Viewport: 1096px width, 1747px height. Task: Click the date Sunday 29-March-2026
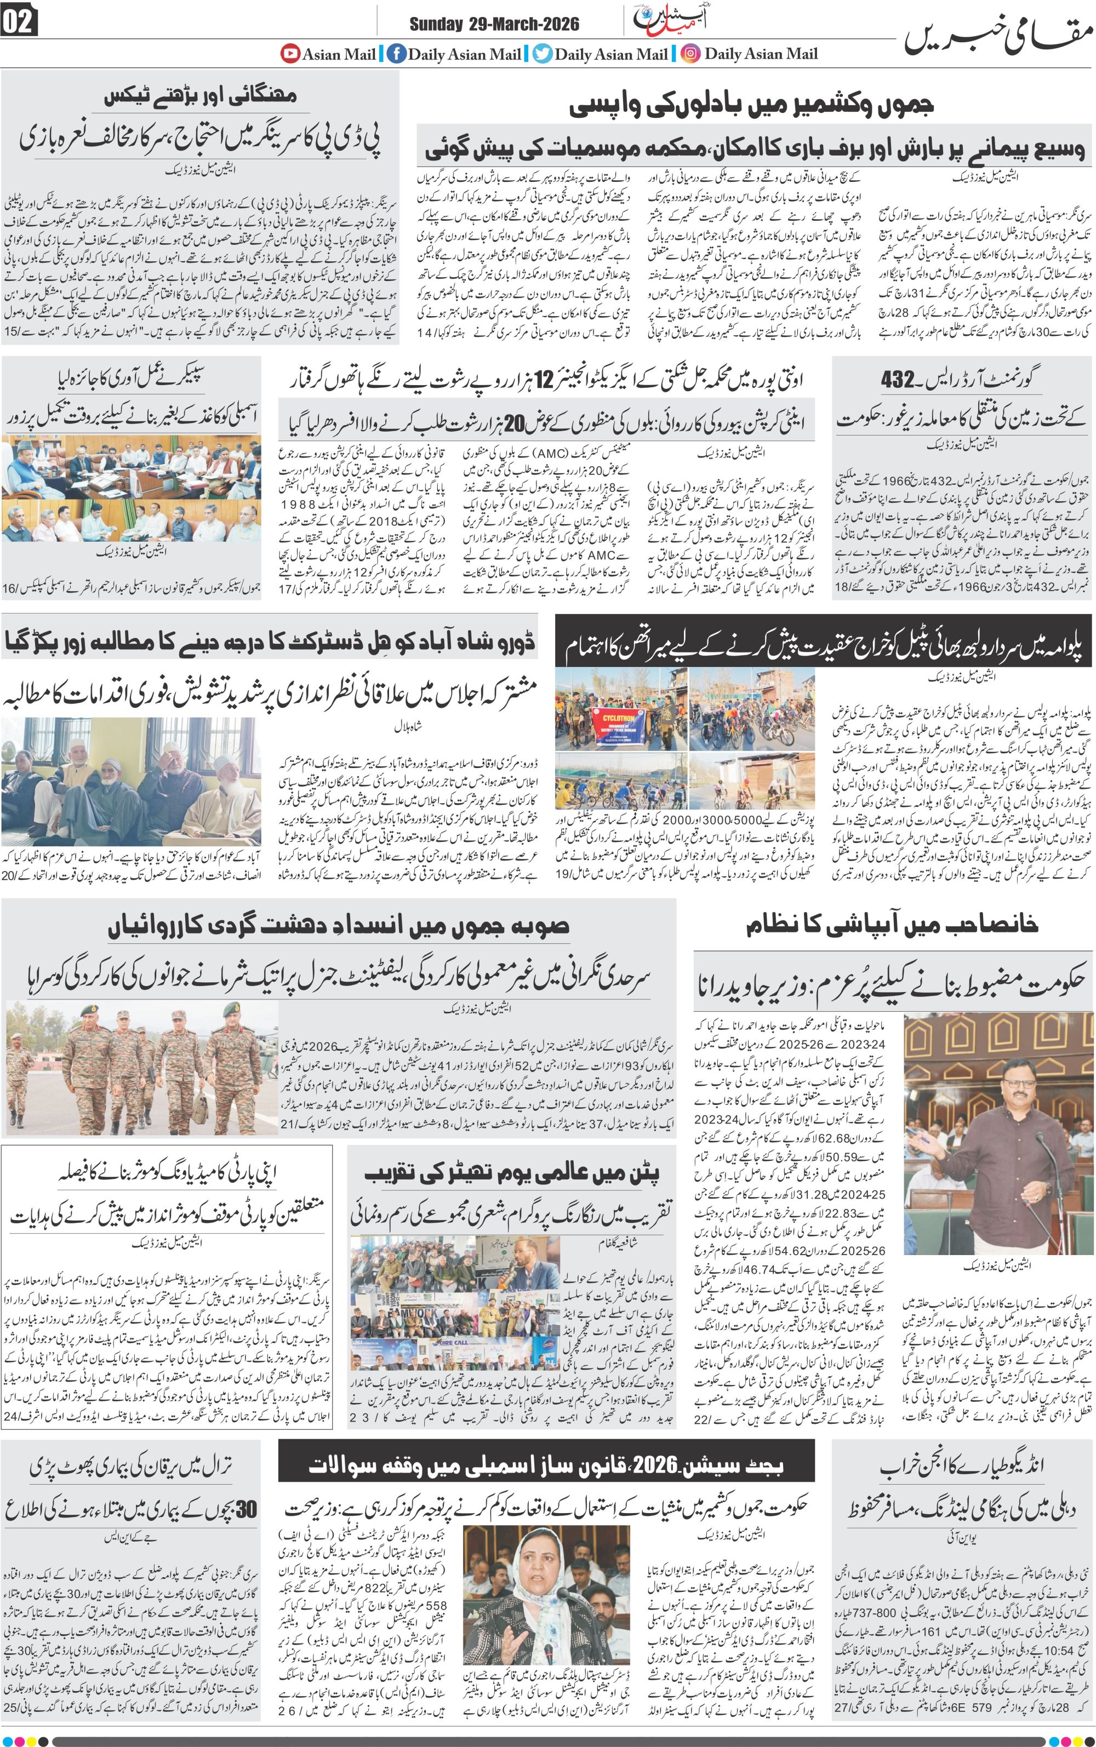pos(494,24)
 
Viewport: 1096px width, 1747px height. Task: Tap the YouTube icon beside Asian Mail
pos(290,53)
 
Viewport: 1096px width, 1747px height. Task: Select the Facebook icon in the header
pos(396,54)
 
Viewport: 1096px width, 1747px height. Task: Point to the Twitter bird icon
pos(542,54)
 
